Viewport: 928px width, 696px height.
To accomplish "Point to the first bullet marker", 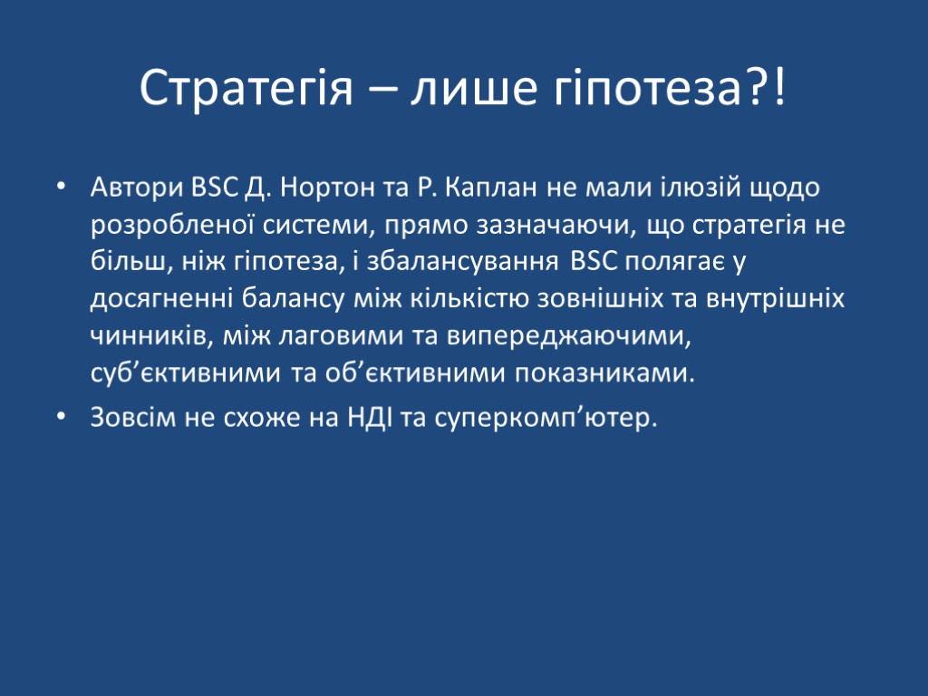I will tap(61, 188).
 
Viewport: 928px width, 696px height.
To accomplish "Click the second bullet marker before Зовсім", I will tap(61, 419).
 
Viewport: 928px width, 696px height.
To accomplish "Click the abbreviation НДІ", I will tap(366, 419).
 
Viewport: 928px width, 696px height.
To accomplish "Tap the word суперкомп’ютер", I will tap(543, 419).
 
